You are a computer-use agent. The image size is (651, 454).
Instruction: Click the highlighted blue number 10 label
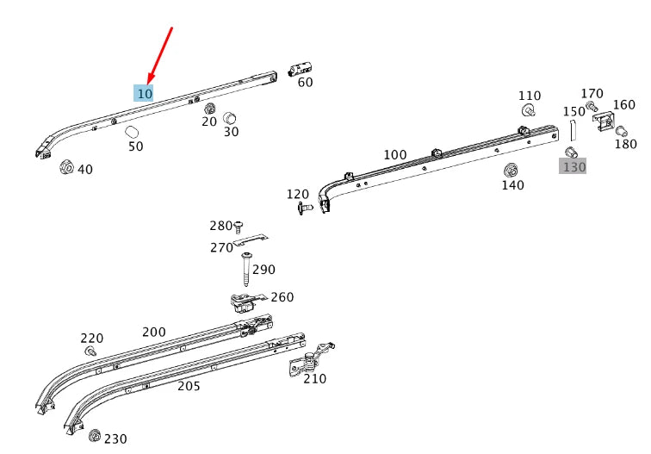[144, 93]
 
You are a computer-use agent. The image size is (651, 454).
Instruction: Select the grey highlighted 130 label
[573, 165]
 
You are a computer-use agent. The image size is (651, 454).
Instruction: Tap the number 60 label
[305, 83]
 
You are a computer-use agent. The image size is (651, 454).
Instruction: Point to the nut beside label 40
[66, 167]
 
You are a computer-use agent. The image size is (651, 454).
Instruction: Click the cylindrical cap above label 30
[230, 118]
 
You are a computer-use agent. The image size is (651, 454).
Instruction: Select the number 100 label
[394, 155]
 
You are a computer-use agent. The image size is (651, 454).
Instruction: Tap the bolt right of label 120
[302, 208]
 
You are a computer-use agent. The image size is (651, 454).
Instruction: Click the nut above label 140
[510, 168]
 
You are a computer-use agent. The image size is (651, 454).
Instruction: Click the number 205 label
[189, 386]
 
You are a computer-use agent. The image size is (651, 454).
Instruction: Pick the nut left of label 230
[95, 435]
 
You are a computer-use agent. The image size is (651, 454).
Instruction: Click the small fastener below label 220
[90, 351]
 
